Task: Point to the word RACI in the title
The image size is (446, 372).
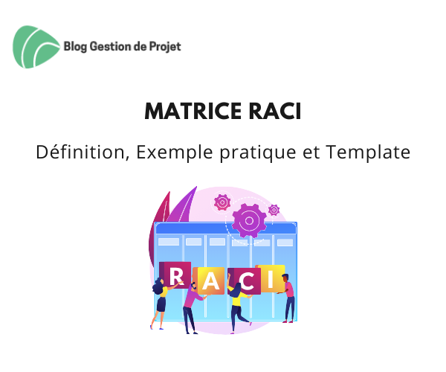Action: coord(275,111)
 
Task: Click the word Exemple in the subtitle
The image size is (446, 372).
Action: coord(175,153)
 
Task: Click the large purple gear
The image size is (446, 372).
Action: coord(249,220)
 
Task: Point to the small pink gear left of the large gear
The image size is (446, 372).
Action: coord(222,202)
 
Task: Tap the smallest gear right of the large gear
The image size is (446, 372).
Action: coord(274,210)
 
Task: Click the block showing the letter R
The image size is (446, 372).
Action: coord(175,275)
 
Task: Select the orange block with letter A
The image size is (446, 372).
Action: coord(210,281)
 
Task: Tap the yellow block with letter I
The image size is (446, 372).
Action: coord(271,278)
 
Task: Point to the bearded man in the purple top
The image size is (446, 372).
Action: coord(191,308)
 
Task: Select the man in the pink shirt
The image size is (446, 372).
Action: coord(288,298)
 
